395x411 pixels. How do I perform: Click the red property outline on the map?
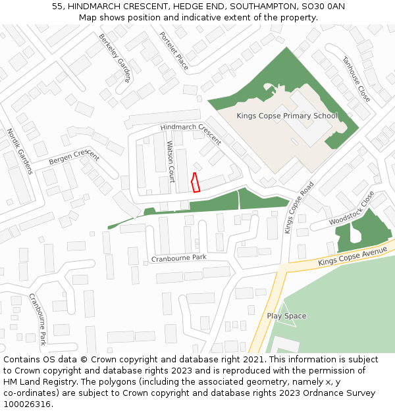click(x=195, y=182)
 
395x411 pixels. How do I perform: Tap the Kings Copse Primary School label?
click(x=286, y=116)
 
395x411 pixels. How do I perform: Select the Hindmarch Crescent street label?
click(x=191, y=134)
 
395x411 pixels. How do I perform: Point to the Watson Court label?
click(x=171, y=161)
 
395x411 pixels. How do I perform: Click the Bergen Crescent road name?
click(x=74, y=157)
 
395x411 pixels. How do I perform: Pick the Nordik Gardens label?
click(x=19, y=151)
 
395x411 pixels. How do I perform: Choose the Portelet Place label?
click(x=174, y=50)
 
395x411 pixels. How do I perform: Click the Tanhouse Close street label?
click(x=356, y=79)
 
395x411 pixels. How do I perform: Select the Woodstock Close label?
click(x=352, y=209)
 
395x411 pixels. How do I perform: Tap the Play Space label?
click(x=286, y=316)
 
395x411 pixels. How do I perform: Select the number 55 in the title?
click(x=57, y=7)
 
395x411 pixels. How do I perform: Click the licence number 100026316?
click(x=28, y=404)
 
